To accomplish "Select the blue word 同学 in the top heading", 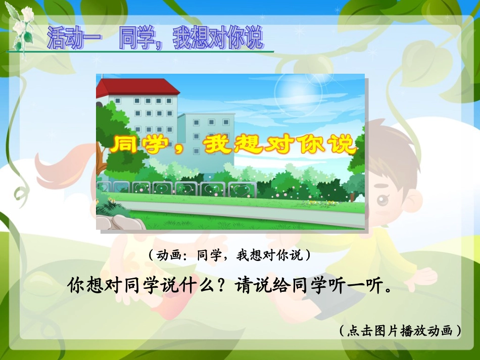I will [x=136, y=39].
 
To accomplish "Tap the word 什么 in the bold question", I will [x=194, y=286].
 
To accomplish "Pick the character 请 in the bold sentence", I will [x=244, y=286].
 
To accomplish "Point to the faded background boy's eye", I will [x=383, y=200].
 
